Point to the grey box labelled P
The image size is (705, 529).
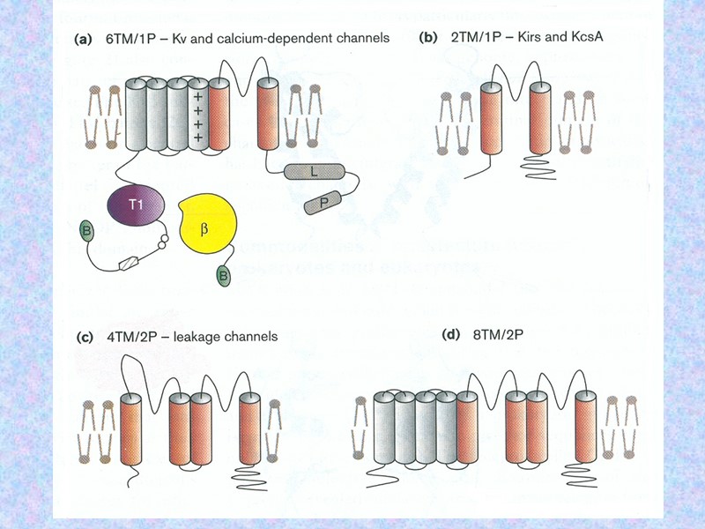pyautogui.click(x=324, y=205)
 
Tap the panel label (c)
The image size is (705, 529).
pyautogui.click(x=85, y=336)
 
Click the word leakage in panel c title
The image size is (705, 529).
pyautogui.click(x=186, y=336)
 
